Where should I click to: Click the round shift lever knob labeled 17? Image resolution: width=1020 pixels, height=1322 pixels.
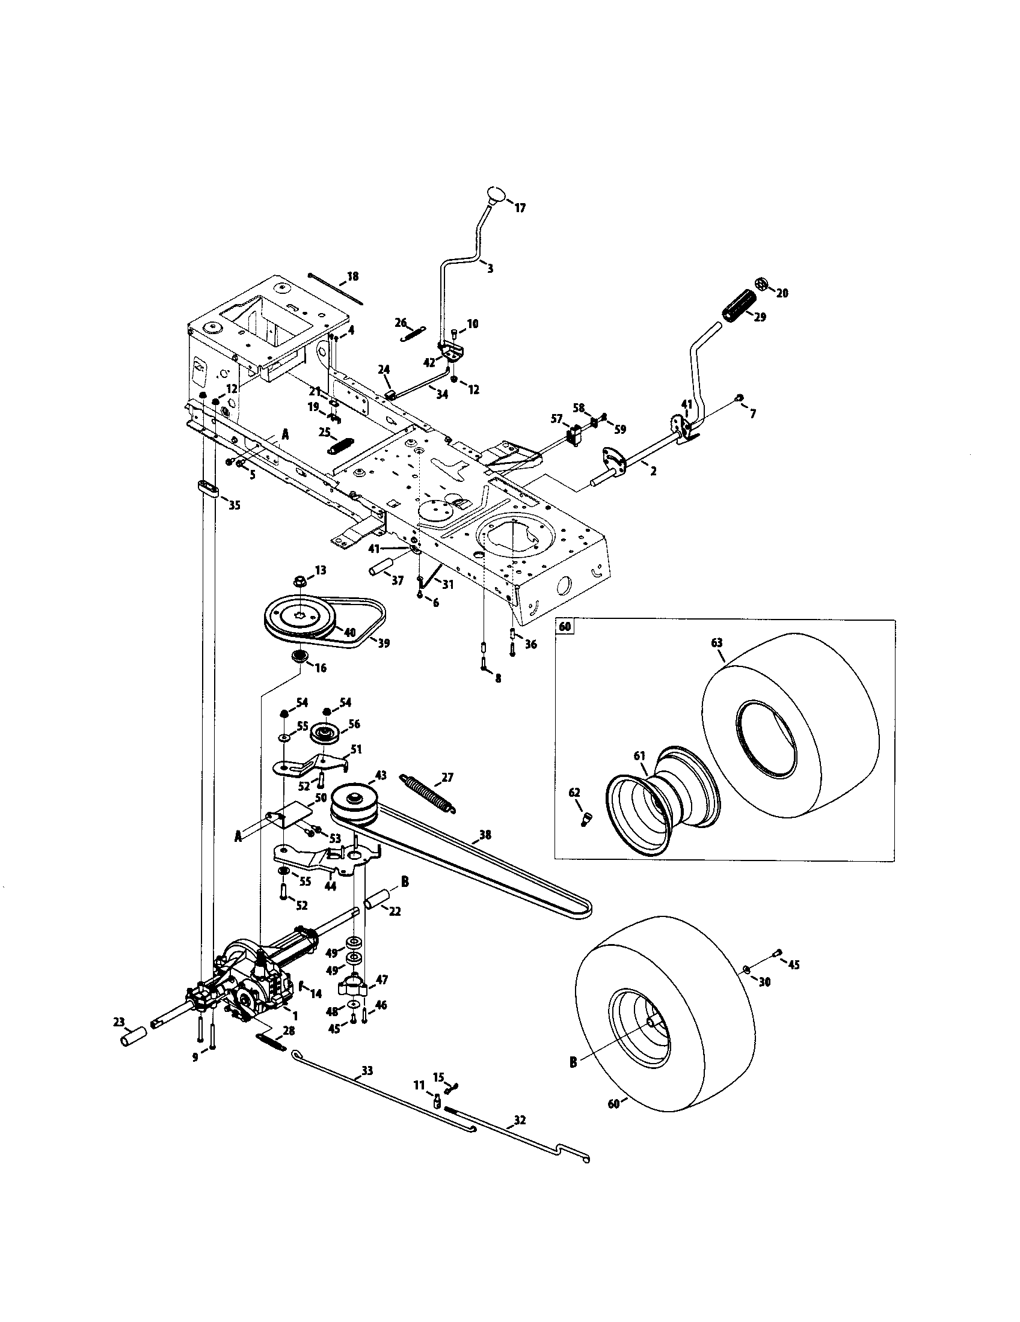(x=495, y=195)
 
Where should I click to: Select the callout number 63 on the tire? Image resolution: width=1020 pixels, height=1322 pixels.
(x=716, y=642)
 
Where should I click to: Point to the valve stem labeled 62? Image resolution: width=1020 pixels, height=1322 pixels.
(x=586, y=819)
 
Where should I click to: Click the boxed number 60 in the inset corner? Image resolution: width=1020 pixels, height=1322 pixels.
(x=565, y=627)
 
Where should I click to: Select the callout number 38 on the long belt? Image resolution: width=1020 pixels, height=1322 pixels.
(x=485, y=835)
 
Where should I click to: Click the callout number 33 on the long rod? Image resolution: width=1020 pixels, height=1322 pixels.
(x=367, y=1071)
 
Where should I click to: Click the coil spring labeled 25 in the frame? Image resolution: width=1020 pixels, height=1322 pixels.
(x=339, y=446)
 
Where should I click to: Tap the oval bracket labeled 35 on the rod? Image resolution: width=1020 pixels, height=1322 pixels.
(x=206, y=488)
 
